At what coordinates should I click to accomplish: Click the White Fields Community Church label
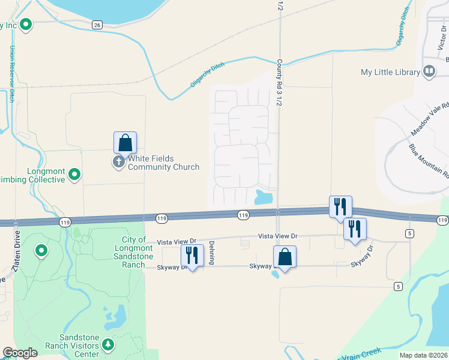click(x=163, y=163)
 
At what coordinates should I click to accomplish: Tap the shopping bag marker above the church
click(x=125, y=143)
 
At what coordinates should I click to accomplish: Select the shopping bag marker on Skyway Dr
click(x=285, y=257)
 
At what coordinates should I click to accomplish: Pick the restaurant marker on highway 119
click(x=340, y=207)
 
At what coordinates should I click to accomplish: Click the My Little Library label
click(x=390, y=72)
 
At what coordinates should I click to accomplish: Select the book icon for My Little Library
click(x=429, y=72)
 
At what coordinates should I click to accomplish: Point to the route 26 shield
click(x=97, y=25)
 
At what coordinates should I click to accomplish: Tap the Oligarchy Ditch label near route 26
click(x=208, y=75)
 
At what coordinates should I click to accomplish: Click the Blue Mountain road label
click(x=429, y=161)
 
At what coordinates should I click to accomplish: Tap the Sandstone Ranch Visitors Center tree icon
click(x=108, y=344)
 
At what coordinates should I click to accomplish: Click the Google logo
click(x=20, y=353)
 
